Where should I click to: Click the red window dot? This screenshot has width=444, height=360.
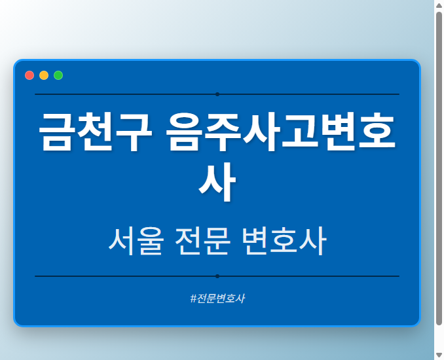(29, 75)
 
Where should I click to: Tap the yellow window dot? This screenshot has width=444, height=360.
(44, 75)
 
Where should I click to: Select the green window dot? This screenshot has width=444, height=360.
(58, 75)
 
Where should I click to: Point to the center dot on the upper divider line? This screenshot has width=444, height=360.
(217, 94)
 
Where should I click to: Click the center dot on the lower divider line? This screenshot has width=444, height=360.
(217, 276)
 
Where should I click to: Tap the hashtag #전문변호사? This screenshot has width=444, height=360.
(217, 298)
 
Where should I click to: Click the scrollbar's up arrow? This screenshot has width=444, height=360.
(439, 5)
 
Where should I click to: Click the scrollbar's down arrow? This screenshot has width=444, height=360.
(439, 355)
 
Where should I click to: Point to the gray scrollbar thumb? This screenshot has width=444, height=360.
(439, 167)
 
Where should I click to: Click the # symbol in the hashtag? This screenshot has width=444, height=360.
(193, 298)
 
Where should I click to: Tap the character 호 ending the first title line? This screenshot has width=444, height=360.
(377, 133)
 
